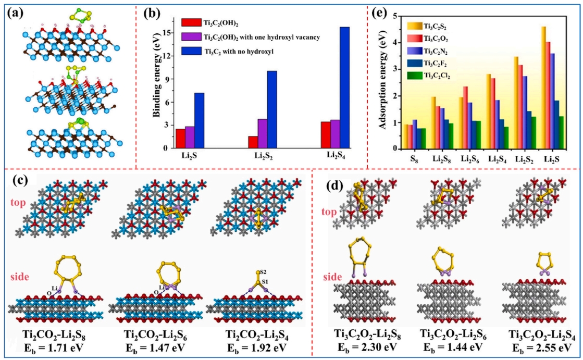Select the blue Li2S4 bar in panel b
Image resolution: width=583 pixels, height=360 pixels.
click(344, 88)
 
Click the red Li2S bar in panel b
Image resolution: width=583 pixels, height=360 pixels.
click(180, 139)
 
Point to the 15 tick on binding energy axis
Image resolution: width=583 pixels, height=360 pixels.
click(166, 33)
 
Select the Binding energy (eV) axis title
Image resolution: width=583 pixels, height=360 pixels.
click(156, 85)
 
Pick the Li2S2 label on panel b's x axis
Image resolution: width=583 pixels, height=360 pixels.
click(264, 156)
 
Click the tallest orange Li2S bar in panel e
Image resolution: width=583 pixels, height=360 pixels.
click(543, 88)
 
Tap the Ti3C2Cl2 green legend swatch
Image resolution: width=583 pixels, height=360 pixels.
click(414, 76)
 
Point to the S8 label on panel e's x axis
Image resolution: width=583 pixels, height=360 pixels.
click(414, 159)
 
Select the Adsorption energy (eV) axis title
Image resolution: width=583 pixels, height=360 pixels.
click(382, 80)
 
